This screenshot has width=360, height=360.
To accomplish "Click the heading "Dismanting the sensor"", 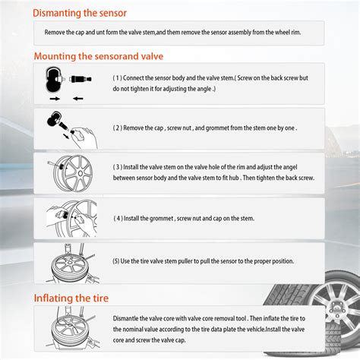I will (x=80, y=12).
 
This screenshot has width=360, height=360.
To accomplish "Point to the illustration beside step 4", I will (x=68, y=218).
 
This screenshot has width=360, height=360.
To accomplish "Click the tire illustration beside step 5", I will (x=68, y=262).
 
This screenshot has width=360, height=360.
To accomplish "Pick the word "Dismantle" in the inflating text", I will (x=131, y=317).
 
